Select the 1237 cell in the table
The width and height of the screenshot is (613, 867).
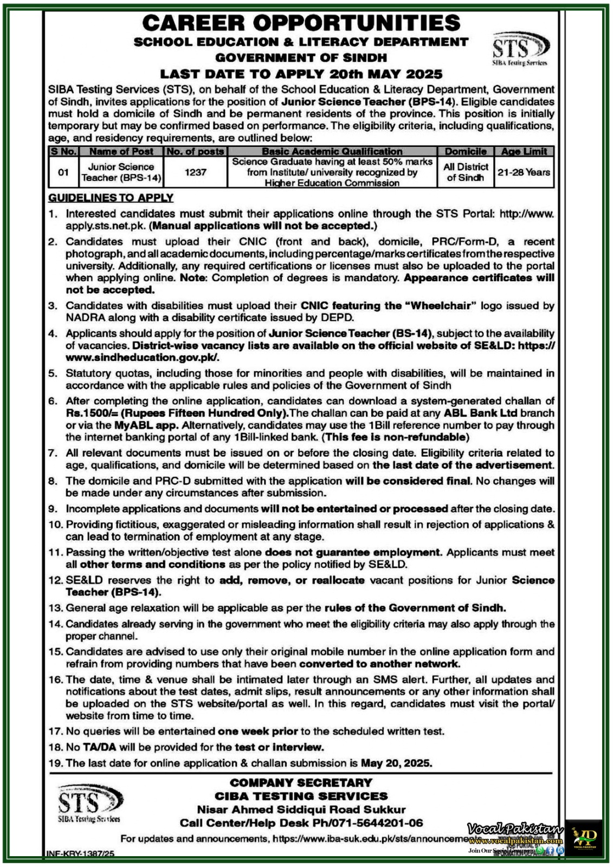coord(195,172)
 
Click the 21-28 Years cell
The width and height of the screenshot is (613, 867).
coord(524,172)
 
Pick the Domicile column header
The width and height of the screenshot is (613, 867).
coord(466,152)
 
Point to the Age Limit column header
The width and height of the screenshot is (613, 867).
coord(524,152)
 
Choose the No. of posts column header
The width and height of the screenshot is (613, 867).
coord(195,152)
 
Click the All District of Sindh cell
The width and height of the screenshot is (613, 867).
coord(466,172)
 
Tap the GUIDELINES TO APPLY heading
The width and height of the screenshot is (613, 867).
coord(111,198)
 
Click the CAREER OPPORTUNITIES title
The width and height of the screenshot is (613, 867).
coord(301,23)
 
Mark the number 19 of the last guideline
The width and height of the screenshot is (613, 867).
coord(55,763)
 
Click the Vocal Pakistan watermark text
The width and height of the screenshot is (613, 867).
coord(515,830)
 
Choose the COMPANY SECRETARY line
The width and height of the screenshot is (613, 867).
coord(301,782)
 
